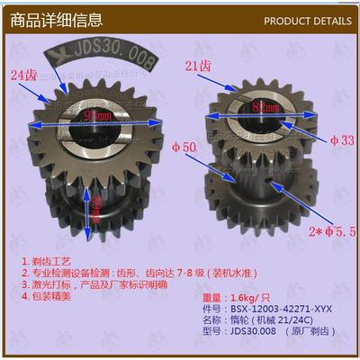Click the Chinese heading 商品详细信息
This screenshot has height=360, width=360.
(x=55, y=17)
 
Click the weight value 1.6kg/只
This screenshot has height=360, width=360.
(x=240, y=295)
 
